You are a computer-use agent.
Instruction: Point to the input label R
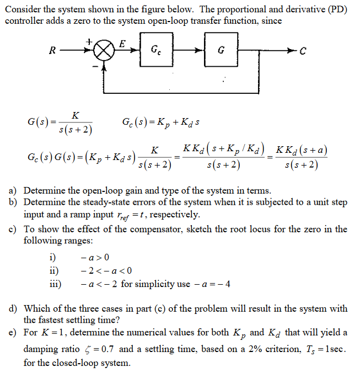coord(52,51)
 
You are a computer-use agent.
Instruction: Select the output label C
coord(302,51)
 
